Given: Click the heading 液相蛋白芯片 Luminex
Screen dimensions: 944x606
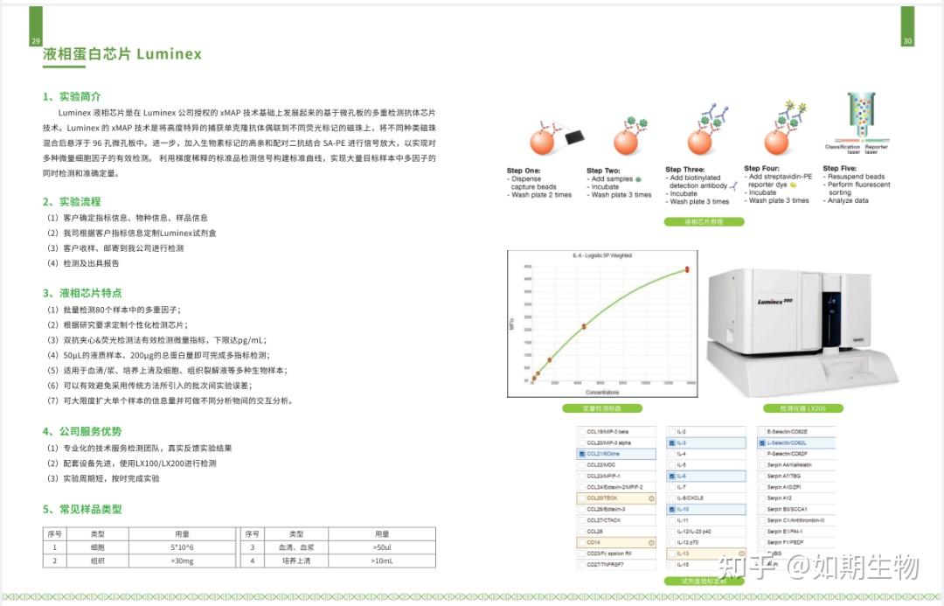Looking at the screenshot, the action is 122,54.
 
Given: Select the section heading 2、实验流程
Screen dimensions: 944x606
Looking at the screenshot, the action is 72,202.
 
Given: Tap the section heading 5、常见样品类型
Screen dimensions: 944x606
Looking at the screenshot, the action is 82,509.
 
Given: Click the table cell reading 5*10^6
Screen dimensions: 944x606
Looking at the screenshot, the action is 182,547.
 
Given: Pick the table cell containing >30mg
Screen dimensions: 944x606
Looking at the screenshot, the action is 182,561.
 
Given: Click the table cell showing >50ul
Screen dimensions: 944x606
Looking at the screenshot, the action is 382,547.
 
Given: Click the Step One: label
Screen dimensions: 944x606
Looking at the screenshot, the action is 524,171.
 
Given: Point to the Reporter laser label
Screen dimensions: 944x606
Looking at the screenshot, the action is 876,150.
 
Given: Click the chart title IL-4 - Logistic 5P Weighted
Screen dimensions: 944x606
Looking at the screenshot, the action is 602,255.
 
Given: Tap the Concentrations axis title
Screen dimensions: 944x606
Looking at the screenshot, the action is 602,392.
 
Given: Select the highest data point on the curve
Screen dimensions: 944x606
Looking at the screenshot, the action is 687,269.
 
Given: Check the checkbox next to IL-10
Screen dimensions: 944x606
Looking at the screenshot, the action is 671,509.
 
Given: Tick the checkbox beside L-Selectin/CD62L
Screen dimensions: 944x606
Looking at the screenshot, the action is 761,443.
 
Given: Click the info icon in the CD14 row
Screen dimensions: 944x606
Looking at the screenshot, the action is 651,542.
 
